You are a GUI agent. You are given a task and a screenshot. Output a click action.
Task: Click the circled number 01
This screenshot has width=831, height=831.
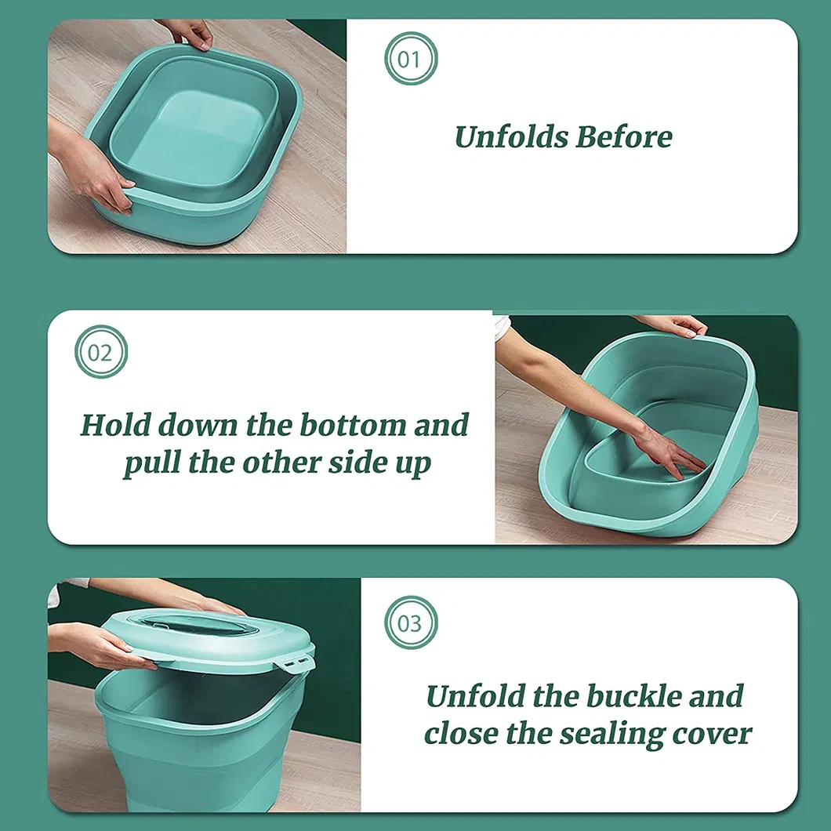(410, 59)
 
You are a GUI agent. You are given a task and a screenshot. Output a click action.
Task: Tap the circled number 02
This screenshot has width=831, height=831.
(100, 352)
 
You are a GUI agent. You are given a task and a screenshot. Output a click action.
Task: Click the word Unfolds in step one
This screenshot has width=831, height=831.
(511, 137)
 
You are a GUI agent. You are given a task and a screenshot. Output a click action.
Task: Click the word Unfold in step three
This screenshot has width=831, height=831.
(475, 696)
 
